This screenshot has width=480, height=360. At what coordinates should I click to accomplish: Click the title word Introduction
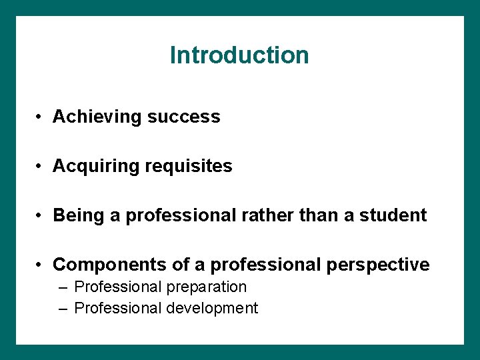pyautogui.click(x=239, y=55)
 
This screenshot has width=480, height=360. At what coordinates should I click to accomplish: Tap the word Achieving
pyautogui.click(x=97, y=117)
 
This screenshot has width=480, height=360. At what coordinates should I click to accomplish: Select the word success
pyautogui.click(x=183, y=117)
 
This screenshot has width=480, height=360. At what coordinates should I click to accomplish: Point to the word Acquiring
pyautogui.click(x=96, y=166)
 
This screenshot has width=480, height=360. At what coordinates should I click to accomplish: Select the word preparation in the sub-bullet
pyautogui.click(x=205, y=287)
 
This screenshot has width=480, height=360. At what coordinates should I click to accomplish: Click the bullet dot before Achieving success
pyautogui.click(x=41, y=117)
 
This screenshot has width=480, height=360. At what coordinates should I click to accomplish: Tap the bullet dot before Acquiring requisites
pyautogui.click(x=41, y=167)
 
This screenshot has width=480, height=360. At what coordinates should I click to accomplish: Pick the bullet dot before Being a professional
pyautogui.click(x=41, y=216)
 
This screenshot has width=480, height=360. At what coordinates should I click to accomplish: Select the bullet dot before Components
pyautogui.click(x=41, y=265)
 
